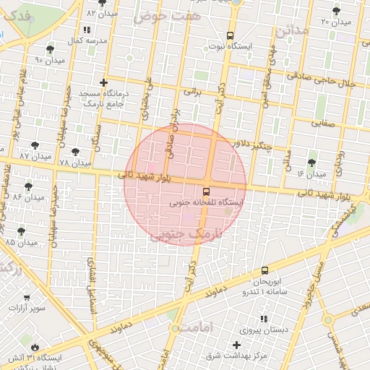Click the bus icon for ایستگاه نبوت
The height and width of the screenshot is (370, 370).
pyautogui.click(x=231, y=35)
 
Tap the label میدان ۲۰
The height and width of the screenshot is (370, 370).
pyautogui.click(x=335, y=22)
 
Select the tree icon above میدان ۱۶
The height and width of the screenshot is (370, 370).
pyautogui.click(x=311, y=163)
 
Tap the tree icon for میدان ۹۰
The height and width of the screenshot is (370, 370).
pyautogui.click(x=49, y=50)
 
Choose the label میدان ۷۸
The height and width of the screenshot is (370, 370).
pyautogui.click(x=74, y=164)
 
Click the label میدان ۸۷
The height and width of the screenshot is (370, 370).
pyautogui.click(x=35, y=156)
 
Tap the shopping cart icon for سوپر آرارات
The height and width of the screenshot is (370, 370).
pyautogui.click(x=27, y=296)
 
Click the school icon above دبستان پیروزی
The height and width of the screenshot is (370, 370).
pyautogui.click(x=264, y=319)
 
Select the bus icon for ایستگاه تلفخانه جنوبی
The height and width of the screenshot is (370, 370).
pyautogui.click(x=207, y=192)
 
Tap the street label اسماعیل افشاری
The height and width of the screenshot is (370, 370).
pyautogui.click(x=91, y=279)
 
